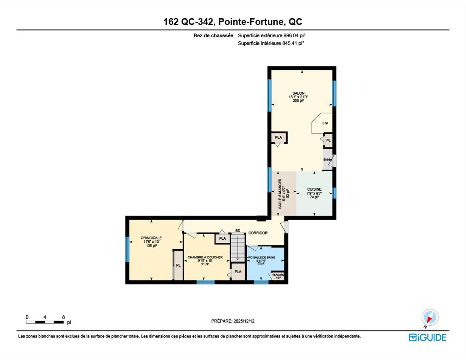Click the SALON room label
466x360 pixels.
[298, 93]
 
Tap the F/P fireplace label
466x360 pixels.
[325, 123]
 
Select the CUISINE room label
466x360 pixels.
[314, 189]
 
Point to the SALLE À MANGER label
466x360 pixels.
[280, 194]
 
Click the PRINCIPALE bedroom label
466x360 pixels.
[151, 238]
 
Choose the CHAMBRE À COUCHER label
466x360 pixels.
[205, 257]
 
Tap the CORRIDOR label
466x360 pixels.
[258, 233]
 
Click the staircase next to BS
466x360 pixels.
[238, 248]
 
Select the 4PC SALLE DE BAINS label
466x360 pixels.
[261, 257]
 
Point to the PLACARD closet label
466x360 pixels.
[278, 275]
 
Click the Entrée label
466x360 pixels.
[327, 160]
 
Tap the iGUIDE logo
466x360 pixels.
[427, 337]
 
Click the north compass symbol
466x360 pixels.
[430, 317]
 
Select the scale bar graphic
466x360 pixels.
[45, 322]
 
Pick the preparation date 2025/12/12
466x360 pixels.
[244, 321]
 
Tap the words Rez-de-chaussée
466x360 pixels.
[213, 35]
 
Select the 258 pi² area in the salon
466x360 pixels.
[298, 101]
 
